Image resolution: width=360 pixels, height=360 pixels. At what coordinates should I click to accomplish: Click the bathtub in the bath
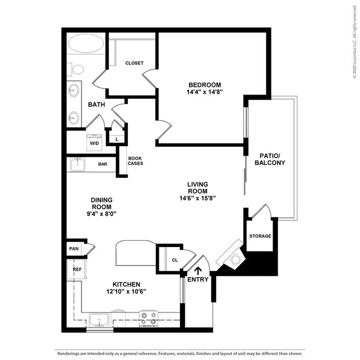tap(86, 43)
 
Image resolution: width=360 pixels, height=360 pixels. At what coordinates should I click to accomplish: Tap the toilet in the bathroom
tap(75, 69)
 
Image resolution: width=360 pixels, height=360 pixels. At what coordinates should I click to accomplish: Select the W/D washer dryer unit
tap(94, 142)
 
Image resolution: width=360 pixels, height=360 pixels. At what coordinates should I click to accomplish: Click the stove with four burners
tap(148, 318)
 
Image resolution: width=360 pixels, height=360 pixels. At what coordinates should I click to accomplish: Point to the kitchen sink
tap(99, 320)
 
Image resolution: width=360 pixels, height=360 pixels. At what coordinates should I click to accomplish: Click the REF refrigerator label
tap(77, 269)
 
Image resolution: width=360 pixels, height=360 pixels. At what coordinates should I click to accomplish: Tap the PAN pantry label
tap(74, 249)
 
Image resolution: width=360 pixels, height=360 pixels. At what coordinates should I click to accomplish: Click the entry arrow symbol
tap(198, 271)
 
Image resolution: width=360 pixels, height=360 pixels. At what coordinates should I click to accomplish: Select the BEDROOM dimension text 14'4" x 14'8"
tap(204, 92)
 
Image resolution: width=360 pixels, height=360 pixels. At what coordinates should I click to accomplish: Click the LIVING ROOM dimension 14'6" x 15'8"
tap(198, 198)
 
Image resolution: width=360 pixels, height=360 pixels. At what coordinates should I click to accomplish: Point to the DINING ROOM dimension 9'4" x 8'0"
tap(101, 214)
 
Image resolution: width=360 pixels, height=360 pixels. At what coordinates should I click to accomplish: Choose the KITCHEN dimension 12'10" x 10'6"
tap(126, 291)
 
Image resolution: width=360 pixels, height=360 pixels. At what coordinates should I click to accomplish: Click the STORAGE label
tap(260, 236)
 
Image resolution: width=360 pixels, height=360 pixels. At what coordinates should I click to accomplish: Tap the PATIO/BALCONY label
tap(270, 159)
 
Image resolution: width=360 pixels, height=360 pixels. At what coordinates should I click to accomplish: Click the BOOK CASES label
tap(135, 161)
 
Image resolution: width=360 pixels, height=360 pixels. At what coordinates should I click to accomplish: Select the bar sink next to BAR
tap(78, 164)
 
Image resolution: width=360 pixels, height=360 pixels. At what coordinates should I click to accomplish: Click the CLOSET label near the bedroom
tap(135, 63)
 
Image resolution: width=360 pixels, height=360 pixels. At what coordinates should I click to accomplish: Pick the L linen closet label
tap(117, 139)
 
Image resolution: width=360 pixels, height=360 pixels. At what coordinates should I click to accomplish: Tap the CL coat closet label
tap(174, 260)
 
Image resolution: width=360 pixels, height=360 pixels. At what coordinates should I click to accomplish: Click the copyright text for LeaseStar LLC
tap(355, 42)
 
